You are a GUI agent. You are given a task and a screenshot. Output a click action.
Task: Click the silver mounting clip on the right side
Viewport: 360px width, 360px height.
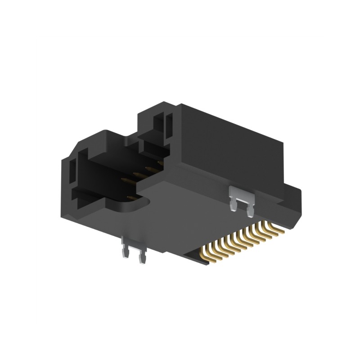[x=242, y=197]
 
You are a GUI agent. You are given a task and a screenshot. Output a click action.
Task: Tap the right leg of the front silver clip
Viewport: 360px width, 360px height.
[x=143, y=258]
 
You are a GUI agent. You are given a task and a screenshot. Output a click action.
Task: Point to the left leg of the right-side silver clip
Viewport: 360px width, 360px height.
[x=234, y=203]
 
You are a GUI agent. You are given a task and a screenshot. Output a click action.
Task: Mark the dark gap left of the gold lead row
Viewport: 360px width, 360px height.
[x=198, y=256]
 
